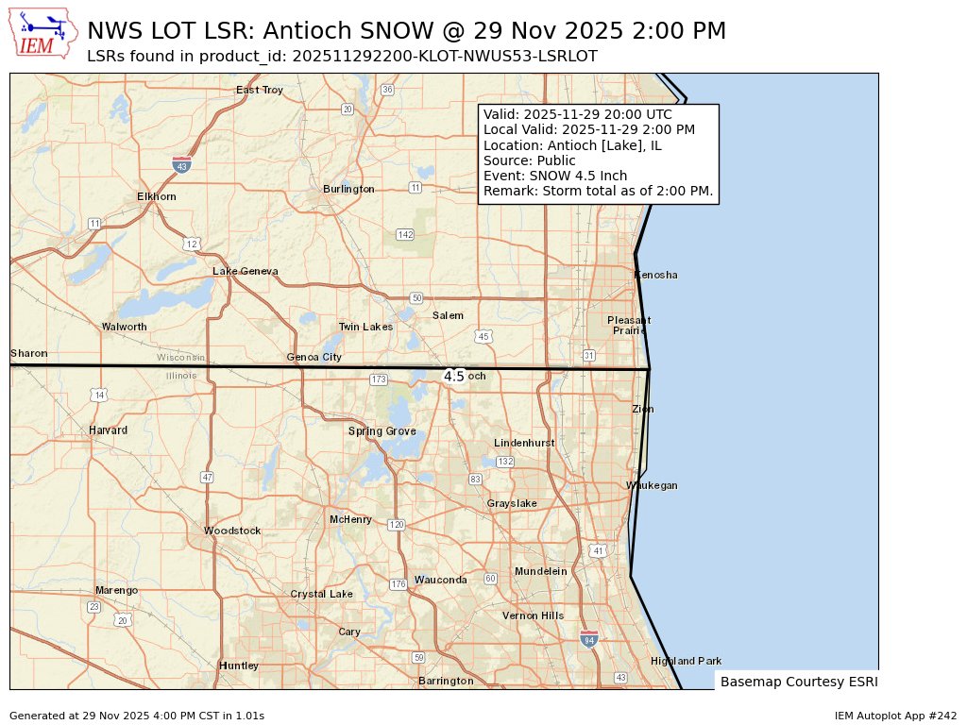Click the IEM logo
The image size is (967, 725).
click(x=43, y=34)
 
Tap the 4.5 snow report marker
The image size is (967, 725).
click(x=454, y=376)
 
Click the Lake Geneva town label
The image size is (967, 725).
click(x=246, y=271)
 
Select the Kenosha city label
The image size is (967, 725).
click(x=655, y=275)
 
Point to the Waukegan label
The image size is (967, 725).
click(x=652, y=485)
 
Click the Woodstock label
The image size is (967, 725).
click(x=232, y=531)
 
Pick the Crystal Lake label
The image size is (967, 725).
click(x=321, y=594)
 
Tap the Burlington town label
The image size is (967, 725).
click(x=348, y=189)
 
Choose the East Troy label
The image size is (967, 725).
click(x=260, y=90)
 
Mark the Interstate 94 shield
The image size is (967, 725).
click(x=589, y=639)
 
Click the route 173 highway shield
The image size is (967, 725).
click(x=379, y=379)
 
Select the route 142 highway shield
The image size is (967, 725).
click(x=405, y=234)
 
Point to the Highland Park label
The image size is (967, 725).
click(x=686, y=661)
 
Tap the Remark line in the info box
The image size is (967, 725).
click(x=598, y=192)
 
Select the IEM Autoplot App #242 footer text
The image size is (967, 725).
click(x=895, y=716)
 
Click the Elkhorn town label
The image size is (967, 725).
click(x=157, y=196)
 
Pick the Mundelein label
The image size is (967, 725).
click(x=541, y=571)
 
